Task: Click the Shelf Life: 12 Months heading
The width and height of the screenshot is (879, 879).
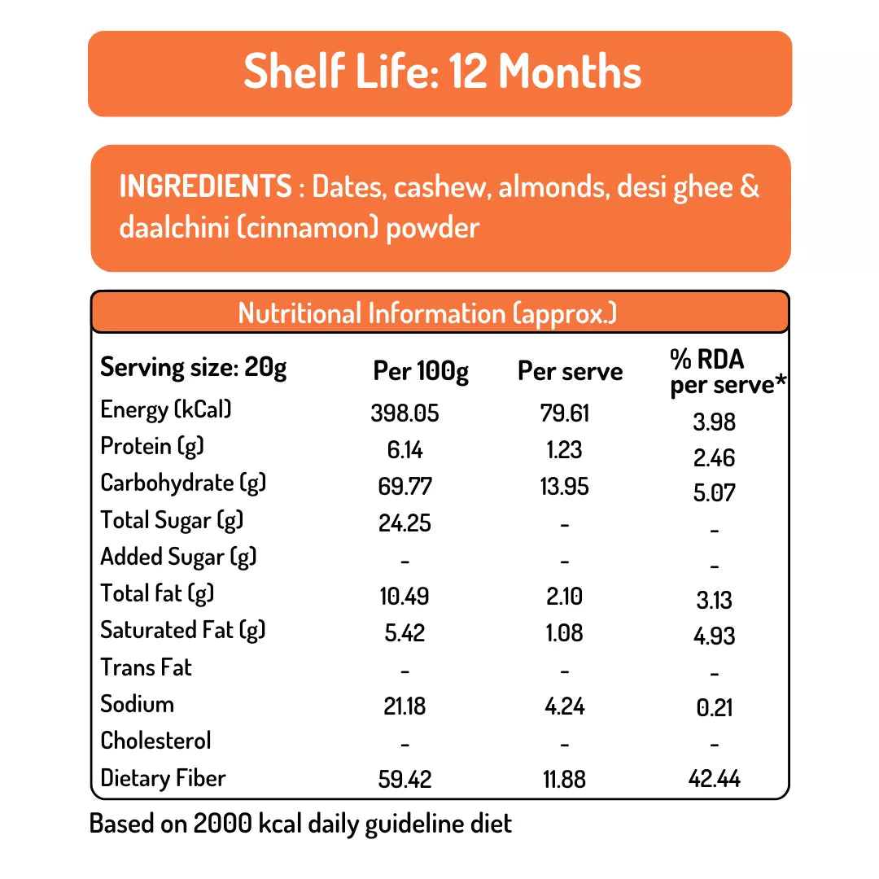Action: point(442,72)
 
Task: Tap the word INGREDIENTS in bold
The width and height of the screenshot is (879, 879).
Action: point(205,186)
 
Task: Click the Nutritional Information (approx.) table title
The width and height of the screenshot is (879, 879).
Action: point(427,313)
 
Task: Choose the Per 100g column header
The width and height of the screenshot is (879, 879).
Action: point(421,372)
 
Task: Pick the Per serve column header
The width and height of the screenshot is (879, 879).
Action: point(570,372)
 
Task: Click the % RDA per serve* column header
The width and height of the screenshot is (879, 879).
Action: point(727,372)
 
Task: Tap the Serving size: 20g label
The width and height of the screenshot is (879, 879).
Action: point(194,368)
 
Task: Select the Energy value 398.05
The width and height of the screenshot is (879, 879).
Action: point(405,413)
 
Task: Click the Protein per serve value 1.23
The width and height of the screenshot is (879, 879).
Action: point(564,450)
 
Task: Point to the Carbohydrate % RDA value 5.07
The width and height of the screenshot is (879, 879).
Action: point(714,493)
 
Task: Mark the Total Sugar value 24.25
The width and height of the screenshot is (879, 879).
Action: point(405,523)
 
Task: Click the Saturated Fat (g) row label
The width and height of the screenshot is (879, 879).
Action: point(183,630)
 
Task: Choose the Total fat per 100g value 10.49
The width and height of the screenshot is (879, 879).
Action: point(405,597)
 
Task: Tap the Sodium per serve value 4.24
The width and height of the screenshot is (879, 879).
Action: point(564,705)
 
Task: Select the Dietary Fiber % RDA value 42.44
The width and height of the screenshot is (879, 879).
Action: point(714,779)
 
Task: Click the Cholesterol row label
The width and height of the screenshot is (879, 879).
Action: point(155,741)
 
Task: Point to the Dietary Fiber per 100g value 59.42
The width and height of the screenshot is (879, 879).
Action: point(405,779)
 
